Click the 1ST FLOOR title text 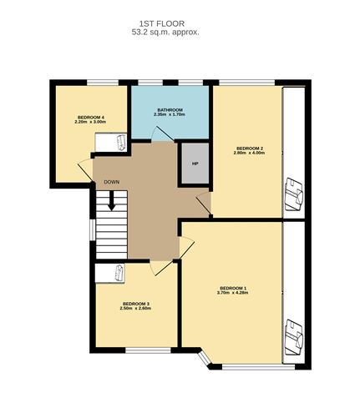pos(162,23)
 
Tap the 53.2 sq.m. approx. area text pos(165,33)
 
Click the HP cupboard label pos(195,164)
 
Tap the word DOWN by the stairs pos(112,182)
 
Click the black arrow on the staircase pos(112,201)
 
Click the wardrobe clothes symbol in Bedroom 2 pos(294,194)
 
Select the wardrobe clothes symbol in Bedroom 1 pos(294,337)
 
